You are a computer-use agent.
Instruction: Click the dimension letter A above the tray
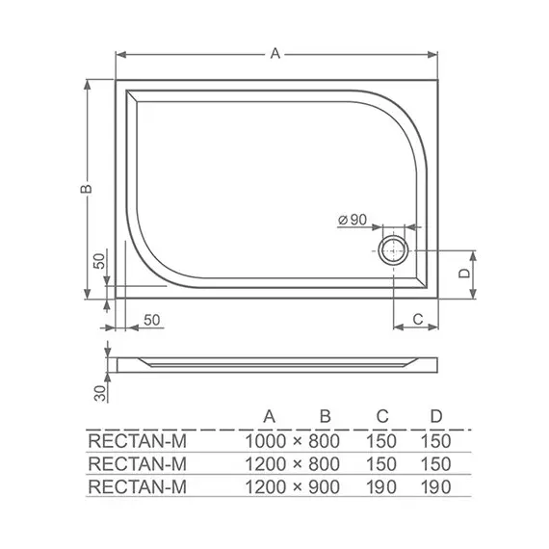pos(274,55)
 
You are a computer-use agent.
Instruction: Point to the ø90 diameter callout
pos(353,221)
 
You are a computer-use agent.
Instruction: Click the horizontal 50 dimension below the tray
pos(151,319)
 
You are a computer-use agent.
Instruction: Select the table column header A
pos(271,416)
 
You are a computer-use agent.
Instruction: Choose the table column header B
pos(326,416)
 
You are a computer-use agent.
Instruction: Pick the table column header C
pos(382,416)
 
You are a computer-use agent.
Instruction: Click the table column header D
pos(436,416)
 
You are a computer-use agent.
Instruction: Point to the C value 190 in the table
pos(383,486)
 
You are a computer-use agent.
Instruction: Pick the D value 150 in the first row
pos(436,440)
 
